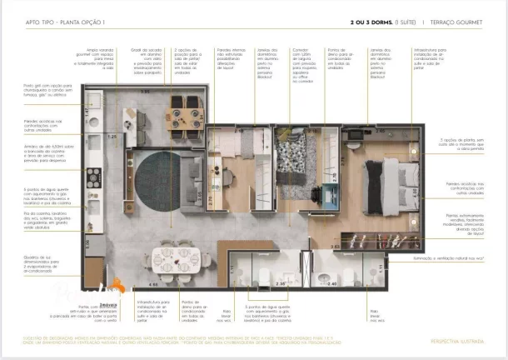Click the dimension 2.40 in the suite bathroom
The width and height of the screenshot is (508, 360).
point(331,284)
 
